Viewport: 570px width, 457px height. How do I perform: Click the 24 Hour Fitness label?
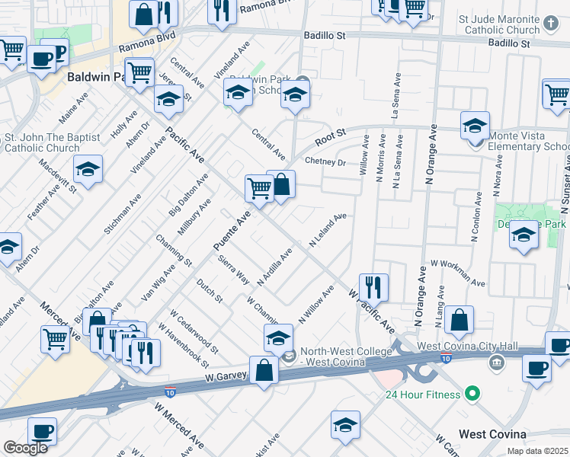[422, 395]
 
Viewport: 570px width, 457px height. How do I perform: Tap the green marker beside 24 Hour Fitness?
[472, 394]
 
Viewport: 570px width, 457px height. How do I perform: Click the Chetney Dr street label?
[325, 161]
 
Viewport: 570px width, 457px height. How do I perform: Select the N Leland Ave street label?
[328, 229]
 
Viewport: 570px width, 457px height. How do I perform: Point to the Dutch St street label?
[209, 290]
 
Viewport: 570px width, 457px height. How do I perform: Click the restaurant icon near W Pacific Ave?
[373, 287]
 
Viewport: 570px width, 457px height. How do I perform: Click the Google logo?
[25, 448]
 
